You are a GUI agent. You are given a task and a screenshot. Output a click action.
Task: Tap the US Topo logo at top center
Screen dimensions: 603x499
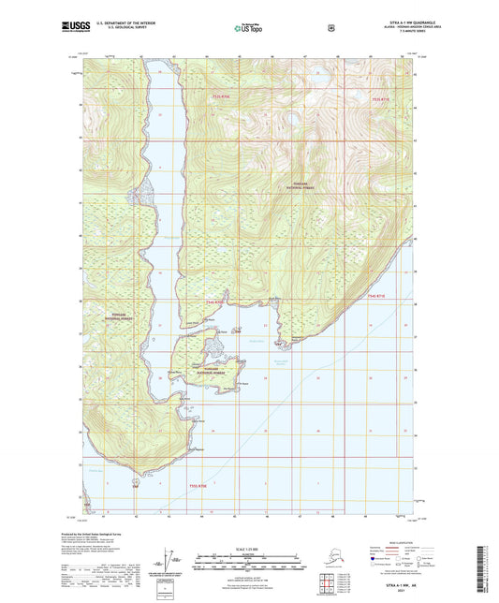point(248,28)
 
